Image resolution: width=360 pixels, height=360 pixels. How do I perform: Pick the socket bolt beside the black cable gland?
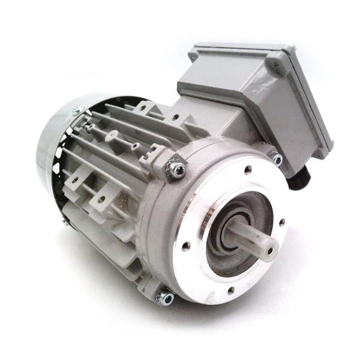[x=277, y=159]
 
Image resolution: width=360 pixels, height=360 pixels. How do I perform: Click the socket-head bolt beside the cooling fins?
[x=176, y=170]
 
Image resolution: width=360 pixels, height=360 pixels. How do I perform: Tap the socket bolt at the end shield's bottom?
[x=164, y=296]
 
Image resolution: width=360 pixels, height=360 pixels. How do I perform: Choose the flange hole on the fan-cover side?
[x=186, y=245]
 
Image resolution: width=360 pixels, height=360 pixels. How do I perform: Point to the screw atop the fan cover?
[x=77, y=110]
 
